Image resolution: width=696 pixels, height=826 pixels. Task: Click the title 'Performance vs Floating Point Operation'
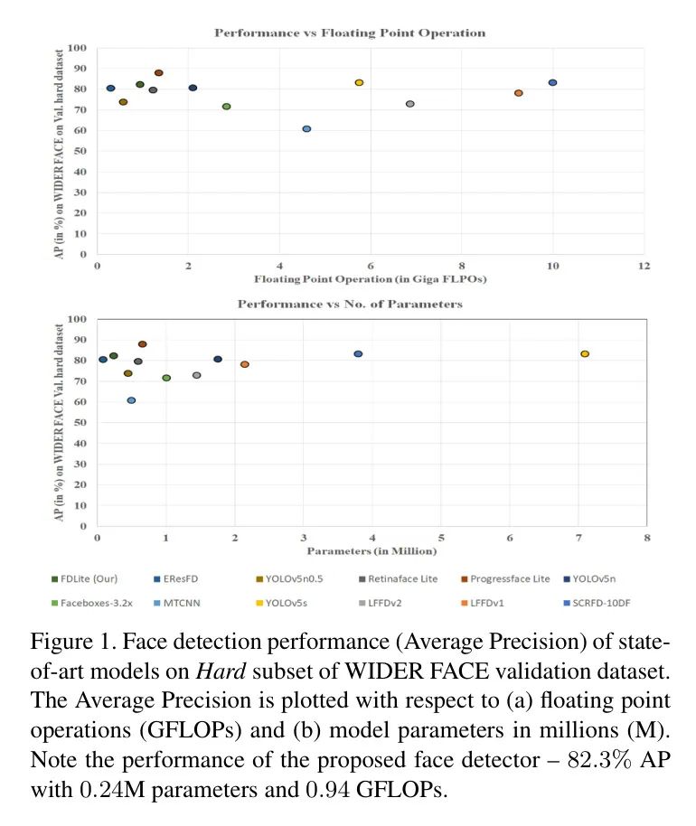(349, 33)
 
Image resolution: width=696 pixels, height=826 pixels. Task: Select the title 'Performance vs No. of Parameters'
(349, 305)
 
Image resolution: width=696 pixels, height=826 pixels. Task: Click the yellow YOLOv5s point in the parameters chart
(585, 354)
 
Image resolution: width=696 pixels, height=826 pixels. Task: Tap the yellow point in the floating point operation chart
(359, 82)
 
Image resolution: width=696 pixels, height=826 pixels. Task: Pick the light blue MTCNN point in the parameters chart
(131, 400)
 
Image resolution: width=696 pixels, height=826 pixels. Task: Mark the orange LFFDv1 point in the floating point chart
(519, 93)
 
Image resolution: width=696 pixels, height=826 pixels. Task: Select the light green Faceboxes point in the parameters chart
(166, 378)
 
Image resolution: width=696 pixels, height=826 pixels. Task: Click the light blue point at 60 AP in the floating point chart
(306, 129)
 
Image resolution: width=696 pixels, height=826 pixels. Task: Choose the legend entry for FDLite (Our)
(86, 577)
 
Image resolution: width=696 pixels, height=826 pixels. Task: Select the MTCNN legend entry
(181, 600)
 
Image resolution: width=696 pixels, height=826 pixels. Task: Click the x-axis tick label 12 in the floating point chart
(644, 267)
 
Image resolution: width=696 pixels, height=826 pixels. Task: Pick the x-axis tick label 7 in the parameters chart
(578, 538)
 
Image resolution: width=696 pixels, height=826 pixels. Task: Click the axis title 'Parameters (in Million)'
(372, 550)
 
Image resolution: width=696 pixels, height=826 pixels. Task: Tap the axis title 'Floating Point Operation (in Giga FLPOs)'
(371, 279)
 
